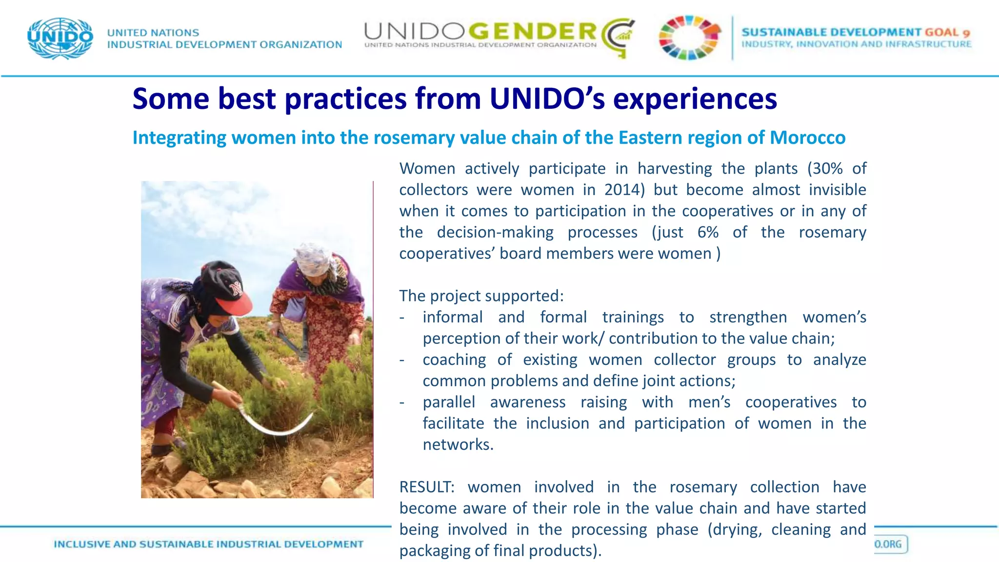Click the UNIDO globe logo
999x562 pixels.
pos(60,38)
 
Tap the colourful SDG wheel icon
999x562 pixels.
pos(689,38)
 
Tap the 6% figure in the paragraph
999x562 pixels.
pos(708,232)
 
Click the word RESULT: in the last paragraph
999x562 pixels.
pos(427,487)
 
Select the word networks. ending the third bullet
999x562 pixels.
pos(458,444)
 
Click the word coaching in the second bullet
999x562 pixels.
pos(454,360)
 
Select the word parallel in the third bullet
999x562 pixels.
pos(449,402)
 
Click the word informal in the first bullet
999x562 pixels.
pos(453,317)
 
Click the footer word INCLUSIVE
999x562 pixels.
pos(82,544)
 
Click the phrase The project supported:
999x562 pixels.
pos(481,296)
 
